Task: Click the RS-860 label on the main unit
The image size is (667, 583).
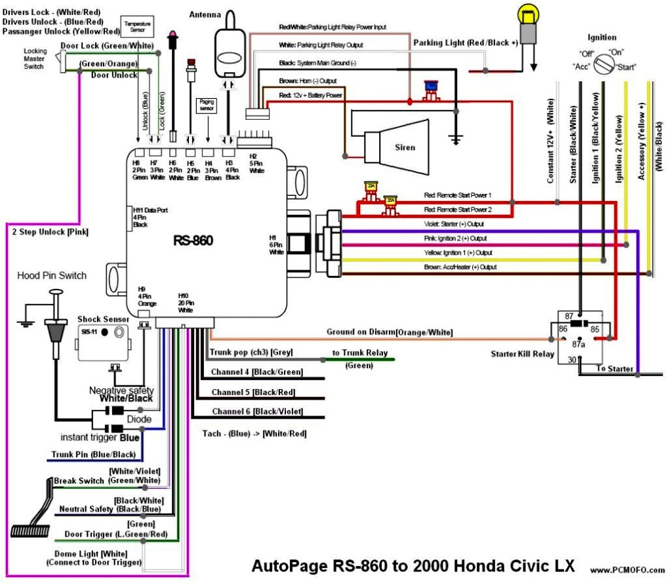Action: click(x=193, y=240)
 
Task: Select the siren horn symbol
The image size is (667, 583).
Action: click(x=394, y=146)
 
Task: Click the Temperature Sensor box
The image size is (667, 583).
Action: click(x=137, y=27)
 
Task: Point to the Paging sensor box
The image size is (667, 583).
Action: click(x=206, y=105)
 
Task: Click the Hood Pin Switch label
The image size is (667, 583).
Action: click(x=51, y=275)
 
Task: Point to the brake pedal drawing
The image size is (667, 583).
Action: click(x=33, y=511)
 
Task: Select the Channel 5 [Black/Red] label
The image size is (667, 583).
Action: click(x=253, y=392)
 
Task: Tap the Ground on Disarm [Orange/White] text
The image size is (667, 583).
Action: click(x=390, y=332)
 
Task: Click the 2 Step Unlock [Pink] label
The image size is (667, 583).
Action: click(x=50, y=231)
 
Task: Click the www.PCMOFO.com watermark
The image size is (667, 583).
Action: click(x=626, y=569)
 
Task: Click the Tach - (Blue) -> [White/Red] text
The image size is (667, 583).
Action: click(x=254, y=433)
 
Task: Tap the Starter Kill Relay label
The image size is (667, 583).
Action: click(x=523, y=354)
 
